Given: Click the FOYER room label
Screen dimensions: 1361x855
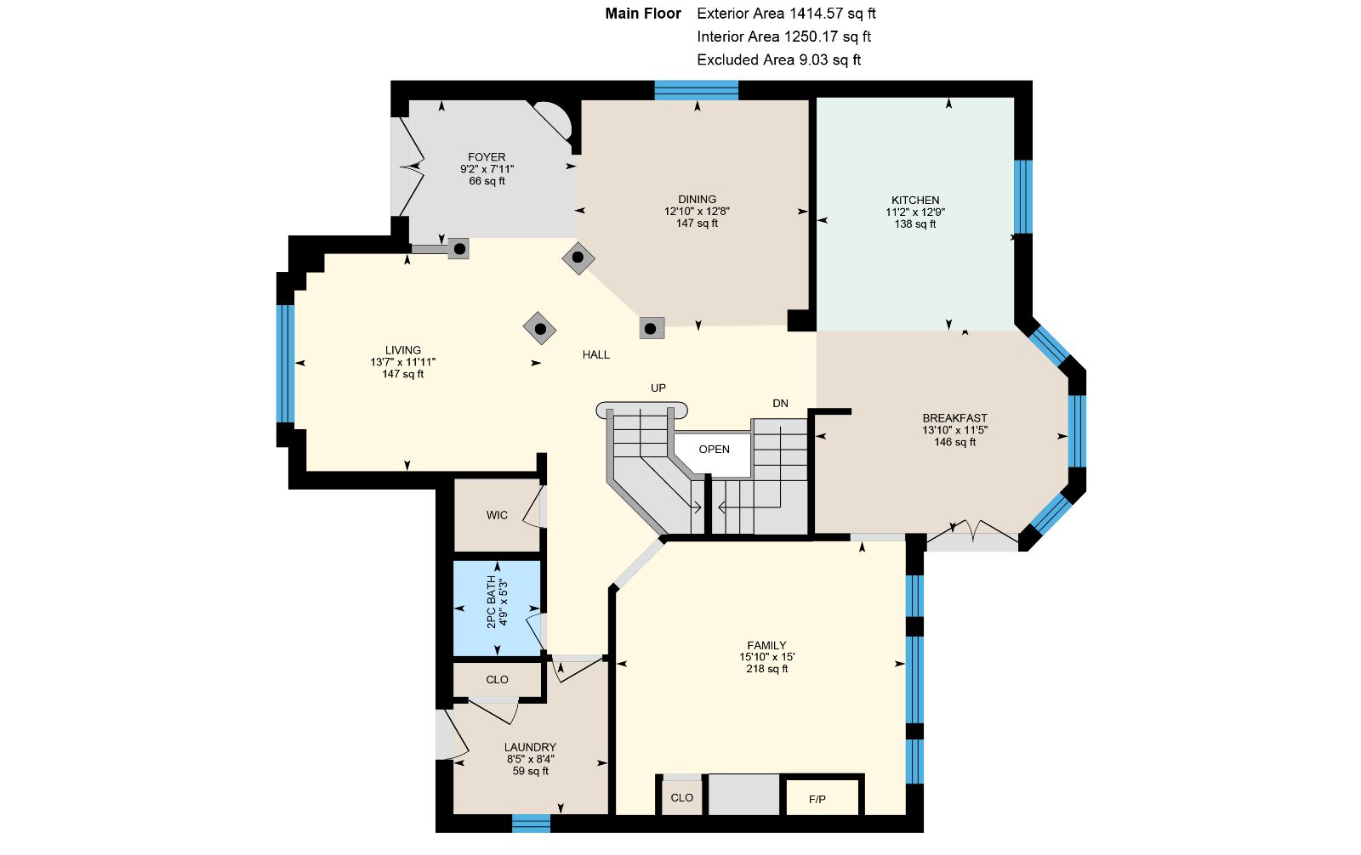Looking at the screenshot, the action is click(487, 157).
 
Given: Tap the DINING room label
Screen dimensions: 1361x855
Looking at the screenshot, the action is click(697, 199).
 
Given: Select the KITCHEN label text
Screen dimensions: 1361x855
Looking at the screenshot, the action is click(915, 201).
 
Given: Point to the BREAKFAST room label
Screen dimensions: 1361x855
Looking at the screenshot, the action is click(954, 418).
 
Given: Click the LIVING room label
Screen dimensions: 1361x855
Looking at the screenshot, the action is click(403, 350).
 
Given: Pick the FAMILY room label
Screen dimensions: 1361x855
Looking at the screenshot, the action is click(766, 646).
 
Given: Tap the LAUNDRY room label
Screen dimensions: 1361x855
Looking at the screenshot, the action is click(531, 748).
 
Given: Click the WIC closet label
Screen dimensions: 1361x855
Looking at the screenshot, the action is click(497, 516).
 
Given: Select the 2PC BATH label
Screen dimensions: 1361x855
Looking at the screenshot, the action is click(491, 602).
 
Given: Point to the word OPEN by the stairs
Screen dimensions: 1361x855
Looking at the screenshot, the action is click(714, 450).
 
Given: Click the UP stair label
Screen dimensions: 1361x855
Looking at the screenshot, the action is click(658, 388).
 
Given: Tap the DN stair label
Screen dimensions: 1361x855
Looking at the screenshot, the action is click(780, 403).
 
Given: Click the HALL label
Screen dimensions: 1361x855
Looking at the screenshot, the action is click(596, 355).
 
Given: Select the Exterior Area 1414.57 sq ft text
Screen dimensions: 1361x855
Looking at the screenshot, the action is click(786, 14).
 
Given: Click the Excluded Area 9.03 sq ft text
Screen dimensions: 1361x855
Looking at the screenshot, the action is click(779, 59).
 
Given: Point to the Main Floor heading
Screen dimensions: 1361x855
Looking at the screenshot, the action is click(643, 14).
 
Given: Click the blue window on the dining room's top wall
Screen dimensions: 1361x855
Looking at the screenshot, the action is click(697, 90).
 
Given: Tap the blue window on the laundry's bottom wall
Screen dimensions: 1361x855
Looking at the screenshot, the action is click(531, 824).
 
